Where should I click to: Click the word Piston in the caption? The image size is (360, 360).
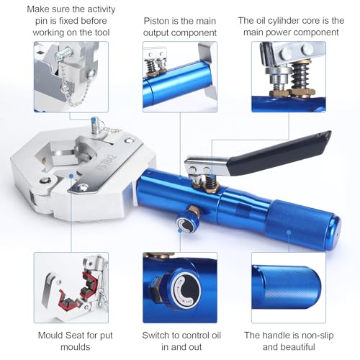(156, 21)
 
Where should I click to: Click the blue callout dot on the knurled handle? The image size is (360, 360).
(289, 232)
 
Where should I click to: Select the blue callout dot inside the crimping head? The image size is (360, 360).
(71, 176)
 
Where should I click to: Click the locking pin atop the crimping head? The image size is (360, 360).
(95, 125)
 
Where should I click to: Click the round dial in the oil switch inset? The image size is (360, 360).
(186, 290)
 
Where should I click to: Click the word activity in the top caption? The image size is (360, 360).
(101, 9)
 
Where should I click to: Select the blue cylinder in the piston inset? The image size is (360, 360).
(177, 84)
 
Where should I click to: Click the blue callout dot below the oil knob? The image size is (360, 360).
(180, 230)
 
